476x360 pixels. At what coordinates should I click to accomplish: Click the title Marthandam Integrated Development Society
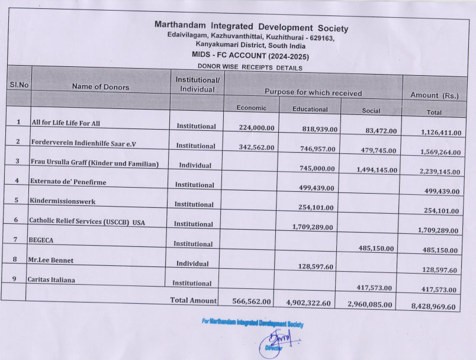251,27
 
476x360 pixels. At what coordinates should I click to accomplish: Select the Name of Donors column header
101,86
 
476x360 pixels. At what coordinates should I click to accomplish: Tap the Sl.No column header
19,85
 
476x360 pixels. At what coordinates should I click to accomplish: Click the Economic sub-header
251,108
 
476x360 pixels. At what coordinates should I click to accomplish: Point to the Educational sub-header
310,109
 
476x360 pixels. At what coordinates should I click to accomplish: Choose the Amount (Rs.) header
434,95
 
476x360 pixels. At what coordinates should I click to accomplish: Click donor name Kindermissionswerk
62,201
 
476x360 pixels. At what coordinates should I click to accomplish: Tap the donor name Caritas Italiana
52,279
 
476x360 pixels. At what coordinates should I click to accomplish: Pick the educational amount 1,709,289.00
314,226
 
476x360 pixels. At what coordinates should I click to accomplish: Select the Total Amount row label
194,300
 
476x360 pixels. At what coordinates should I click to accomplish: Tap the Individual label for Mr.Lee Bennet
195,263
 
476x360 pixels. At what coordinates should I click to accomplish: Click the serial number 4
18,181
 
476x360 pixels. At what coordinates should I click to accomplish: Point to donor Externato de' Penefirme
67,182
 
